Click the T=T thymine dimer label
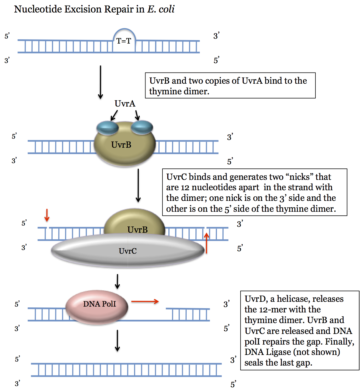tap(124, 41)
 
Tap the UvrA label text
tap(125, 104)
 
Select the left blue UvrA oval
tap(107, 128)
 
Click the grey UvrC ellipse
tap(128, 251)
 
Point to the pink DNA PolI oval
tap(97, 307)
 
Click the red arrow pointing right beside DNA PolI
tap(145, 301)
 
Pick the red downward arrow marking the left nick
tap(47, 215)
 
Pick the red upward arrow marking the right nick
tap(207, 243)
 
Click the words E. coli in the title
tap(161, 9)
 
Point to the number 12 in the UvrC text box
tap(185, 188)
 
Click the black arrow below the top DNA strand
tap(100, 82)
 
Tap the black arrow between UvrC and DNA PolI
tap(117, 281)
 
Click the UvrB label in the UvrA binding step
tap(121, 145)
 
